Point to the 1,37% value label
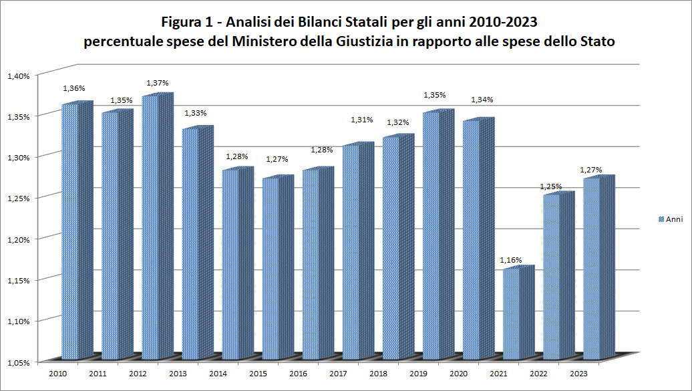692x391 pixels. [158, 83]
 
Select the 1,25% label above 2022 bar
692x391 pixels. [551, 186]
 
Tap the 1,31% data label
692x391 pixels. [361, 120]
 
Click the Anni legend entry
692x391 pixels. [670, 219]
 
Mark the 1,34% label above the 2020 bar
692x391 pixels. [482, 100]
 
